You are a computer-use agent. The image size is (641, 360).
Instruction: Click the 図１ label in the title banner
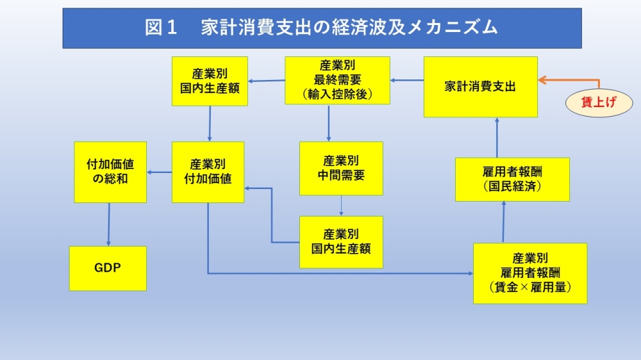[161, 28]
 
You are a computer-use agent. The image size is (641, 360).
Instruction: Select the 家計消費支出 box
[480, 87]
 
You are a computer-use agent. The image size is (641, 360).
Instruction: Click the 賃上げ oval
[599, 102]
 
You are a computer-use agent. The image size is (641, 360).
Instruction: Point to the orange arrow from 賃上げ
[572, 80]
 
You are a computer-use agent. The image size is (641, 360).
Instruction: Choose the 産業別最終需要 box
[337, 80]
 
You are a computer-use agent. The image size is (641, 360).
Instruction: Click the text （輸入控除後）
[337, 94]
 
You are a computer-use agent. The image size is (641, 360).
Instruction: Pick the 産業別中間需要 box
[341, 168]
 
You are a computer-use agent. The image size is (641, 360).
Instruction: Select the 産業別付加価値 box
[208, 172]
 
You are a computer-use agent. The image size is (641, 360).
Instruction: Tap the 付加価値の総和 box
[110, 172]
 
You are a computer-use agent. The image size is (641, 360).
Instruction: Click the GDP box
[108, 268]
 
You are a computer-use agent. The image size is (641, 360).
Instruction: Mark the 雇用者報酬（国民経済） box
[512, 179]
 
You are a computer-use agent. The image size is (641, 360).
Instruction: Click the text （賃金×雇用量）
[530, 287]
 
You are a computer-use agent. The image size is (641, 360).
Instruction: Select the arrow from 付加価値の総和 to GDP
[109, 224]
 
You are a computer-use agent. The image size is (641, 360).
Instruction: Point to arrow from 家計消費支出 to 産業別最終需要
[407, 81]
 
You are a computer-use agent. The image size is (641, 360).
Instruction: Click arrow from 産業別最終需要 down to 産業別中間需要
[329, 123]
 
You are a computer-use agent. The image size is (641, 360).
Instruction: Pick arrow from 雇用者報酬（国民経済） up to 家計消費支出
[497, 138]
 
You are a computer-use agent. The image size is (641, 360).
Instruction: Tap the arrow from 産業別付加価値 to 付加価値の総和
[160, 172]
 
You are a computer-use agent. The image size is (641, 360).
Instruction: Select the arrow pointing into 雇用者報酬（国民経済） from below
[503, 222]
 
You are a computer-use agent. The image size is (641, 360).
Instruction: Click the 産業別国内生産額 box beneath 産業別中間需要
[341, 242]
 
